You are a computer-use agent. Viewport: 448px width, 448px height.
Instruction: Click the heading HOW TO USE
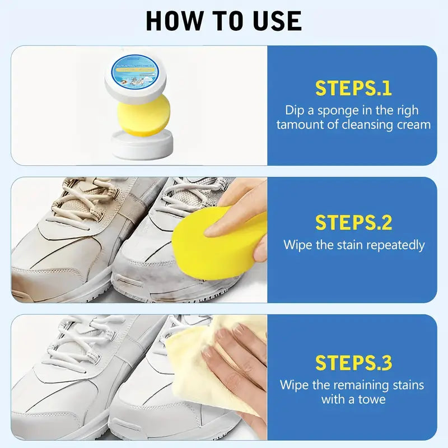click(223, 21)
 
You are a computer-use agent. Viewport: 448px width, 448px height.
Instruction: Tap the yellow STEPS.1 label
click(353, 88)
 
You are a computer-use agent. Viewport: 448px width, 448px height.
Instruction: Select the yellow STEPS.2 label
click(353, 222)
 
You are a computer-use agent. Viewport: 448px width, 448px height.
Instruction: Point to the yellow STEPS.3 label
click(353, 363)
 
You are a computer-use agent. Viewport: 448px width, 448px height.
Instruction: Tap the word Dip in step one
click(295, 110)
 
